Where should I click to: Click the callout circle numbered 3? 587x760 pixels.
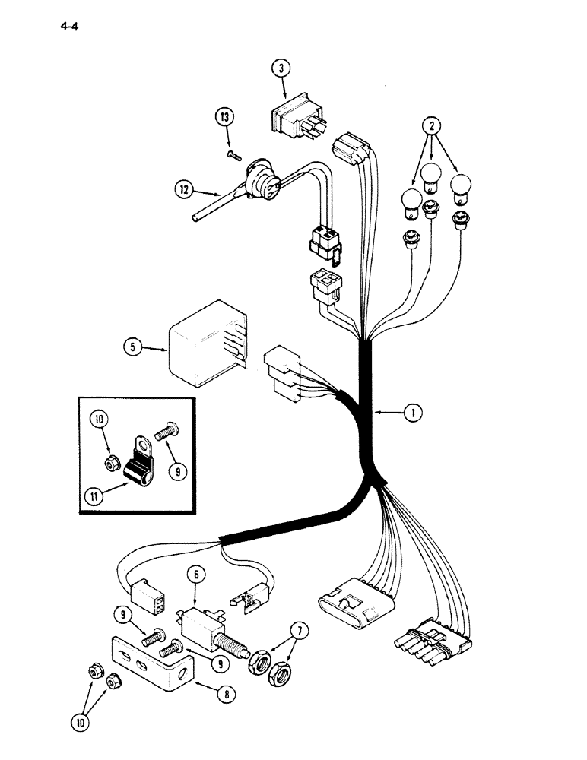(x=281, y=68)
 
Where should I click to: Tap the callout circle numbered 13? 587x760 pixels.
(x=224, y=118)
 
